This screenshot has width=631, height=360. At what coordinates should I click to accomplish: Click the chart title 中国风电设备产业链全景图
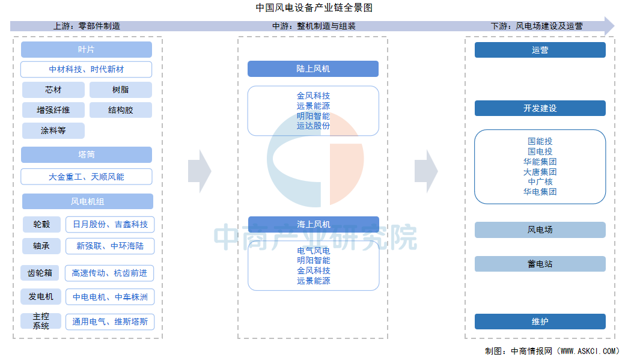314,8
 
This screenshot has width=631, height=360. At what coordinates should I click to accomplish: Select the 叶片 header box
87,49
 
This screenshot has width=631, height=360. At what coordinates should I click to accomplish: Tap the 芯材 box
53,90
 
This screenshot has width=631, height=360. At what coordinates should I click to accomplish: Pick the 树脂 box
121,90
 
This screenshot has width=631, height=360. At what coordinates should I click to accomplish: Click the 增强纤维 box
53,110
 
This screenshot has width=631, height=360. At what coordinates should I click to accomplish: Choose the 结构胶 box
121,110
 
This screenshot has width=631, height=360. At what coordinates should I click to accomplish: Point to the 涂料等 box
53,131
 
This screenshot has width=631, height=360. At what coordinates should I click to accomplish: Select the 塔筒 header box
87,155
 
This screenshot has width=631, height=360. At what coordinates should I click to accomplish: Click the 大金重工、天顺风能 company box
87,177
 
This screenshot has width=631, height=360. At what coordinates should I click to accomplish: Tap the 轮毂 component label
41,224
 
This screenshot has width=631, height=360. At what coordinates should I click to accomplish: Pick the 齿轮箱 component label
40,273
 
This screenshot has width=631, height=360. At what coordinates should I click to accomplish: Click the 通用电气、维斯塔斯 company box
110,322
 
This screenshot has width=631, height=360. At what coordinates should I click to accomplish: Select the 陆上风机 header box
313,69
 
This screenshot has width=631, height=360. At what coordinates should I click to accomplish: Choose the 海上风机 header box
314,224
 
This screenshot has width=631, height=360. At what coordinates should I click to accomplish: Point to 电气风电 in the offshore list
314,251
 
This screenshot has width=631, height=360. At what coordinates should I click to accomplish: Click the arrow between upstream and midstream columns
200,172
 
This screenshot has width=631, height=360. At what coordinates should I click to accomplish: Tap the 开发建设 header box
540,108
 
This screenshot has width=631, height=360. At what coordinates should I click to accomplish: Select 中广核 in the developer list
540,182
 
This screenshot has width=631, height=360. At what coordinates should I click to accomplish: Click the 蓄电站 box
540,264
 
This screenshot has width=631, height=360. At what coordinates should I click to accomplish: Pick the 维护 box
540,322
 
